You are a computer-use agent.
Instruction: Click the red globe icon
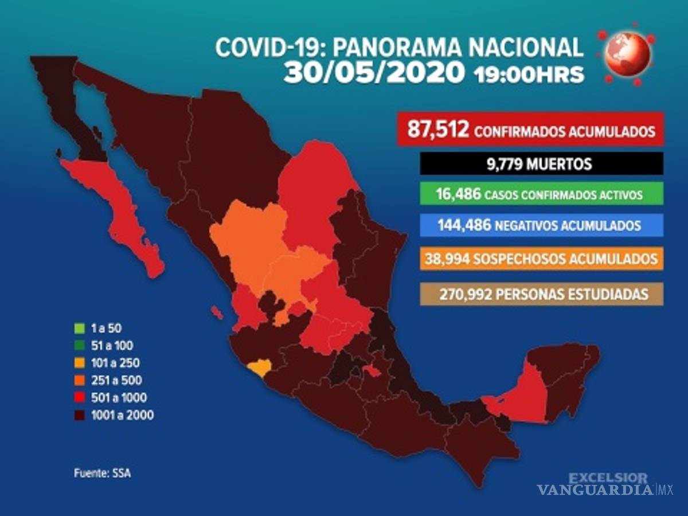[x=629, y=54]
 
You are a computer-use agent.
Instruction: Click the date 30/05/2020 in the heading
[x=374, y=73]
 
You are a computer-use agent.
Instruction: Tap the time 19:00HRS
[x=529, y=75]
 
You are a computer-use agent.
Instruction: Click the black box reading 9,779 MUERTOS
[x=541, y=165]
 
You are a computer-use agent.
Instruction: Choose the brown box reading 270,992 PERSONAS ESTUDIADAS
[x=541, y=294]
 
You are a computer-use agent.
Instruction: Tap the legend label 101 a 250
[x=115, y=363]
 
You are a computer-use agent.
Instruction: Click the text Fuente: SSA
[x=98, y=474]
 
